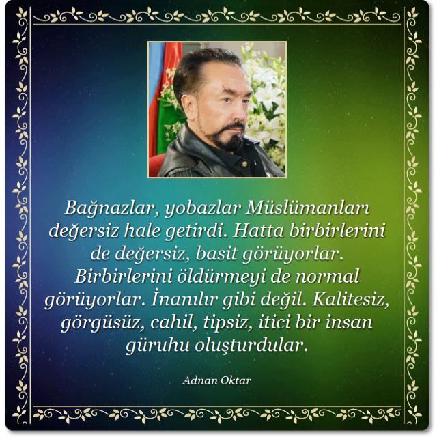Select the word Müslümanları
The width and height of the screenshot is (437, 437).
(308, 208)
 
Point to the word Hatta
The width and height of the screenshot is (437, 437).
(258, 231)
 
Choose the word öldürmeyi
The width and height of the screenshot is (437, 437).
(221, 277)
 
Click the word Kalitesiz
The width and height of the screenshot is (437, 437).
(351, 300)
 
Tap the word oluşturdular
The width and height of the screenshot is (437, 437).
(251, 346)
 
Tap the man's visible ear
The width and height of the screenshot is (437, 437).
(188, 104)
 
